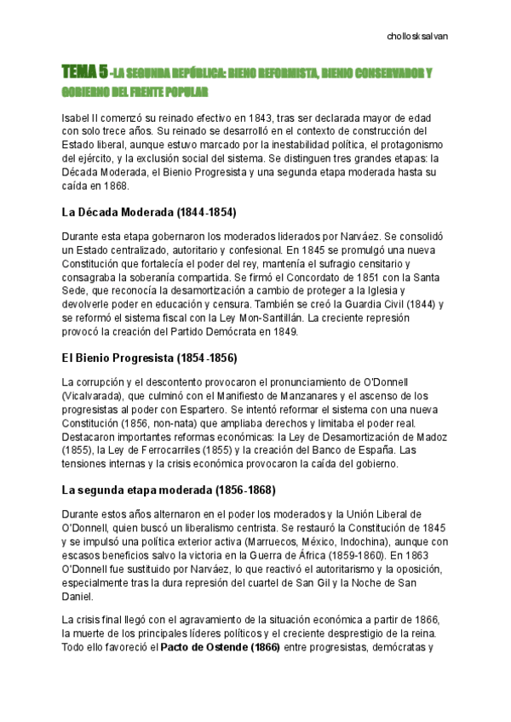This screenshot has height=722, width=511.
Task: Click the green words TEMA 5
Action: (x=83, y=73)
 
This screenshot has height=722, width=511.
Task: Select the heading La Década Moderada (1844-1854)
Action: (x=149, y=212)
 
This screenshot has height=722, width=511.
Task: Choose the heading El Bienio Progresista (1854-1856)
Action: (x=149, y=358)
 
